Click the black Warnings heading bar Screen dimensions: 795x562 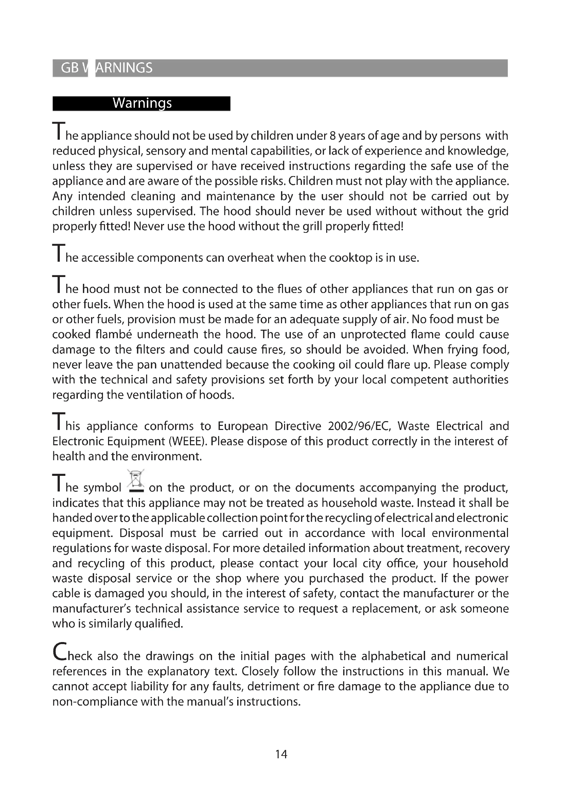[x=141, y=104]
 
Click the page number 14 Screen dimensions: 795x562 [x=281, y=754]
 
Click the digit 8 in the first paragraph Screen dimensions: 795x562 [x=332, y=136]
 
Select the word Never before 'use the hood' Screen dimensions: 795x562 [x=148, y=226]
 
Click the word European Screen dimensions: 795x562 [x=243, y=426]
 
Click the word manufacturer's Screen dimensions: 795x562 [x=91, y=608]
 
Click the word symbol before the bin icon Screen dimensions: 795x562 [x=102, y=488]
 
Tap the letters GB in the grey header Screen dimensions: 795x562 [x=70, y=68]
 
